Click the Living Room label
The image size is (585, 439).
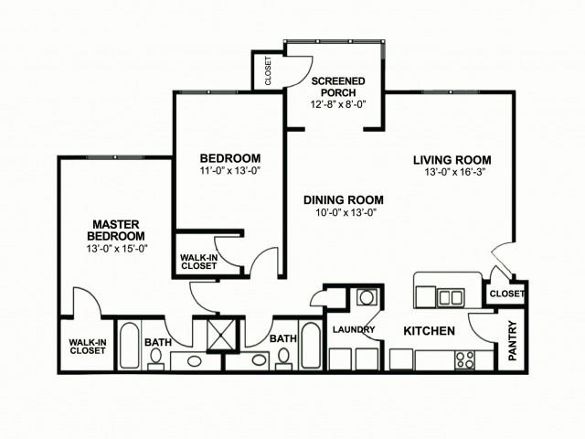(x=452, y=160)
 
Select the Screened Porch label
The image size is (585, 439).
(x=338, y=87)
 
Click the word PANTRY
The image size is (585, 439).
(x=513, y=340)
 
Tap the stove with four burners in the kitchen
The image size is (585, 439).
(x=465, y=359)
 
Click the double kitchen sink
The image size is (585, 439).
(x=451, y=297)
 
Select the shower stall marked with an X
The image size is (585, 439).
(x=222, y=335)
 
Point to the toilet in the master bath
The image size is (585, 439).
(x=155, y=359)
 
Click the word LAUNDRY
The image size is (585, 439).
(x=354, y=329)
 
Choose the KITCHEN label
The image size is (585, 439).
(x=429, y=331)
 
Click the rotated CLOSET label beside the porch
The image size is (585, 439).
(x=268, y=70)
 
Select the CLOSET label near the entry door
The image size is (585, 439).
(x=507, y=294)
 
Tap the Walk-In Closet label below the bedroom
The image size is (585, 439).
(x=199, y=262)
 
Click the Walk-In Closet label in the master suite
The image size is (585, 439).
(x=88, y=347)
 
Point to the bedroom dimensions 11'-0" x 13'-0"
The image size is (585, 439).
(x=229, y=171)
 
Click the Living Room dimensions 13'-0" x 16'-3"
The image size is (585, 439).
(x=454, y=173)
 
